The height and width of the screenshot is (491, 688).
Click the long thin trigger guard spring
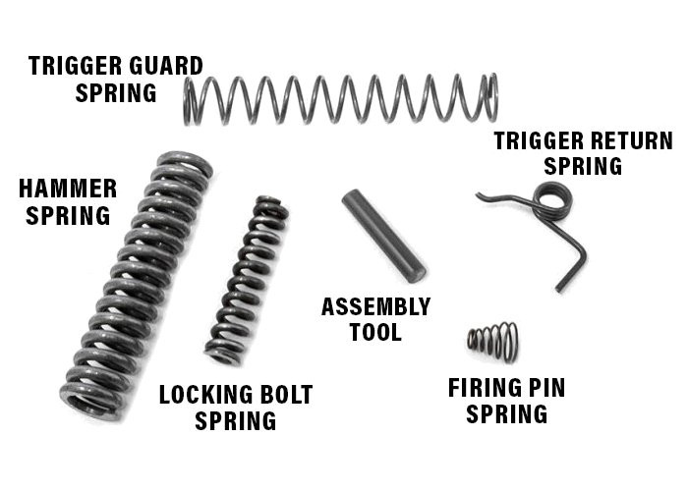pyautogui.click(x=339, y=99)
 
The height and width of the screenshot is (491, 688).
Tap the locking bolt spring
pyautogui.click(x=247, y=280)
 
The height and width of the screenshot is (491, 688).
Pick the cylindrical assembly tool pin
pyautogui.click(x=383, y=236)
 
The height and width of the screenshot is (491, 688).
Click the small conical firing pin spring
pyautogui.click(x=492, y=340)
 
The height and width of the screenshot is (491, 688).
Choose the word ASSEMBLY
pyautogui.click(x=375, y=306)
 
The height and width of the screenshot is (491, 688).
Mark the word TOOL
pyautogui.click(x=375, y=333)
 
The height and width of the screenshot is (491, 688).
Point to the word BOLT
pyautogui.click(x=286, y=395)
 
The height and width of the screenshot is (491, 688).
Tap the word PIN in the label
pyautogui.click(x=546, y=388)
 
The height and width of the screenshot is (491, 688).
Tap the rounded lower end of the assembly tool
pyautogui.click(x=416, y=272)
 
